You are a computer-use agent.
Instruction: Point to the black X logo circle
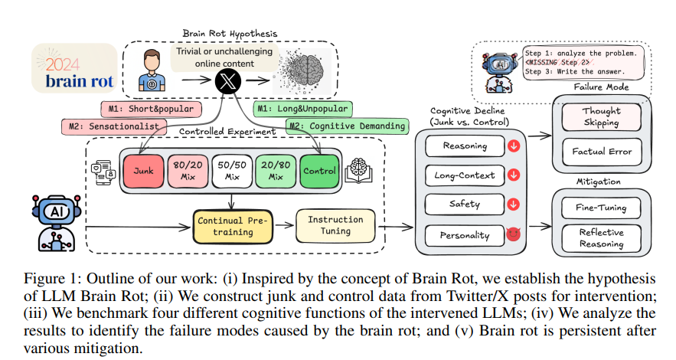click(x=227, y=81)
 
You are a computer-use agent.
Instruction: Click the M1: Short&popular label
click(x=150, y=108)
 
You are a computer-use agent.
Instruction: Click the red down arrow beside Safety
click(x=513, y=204)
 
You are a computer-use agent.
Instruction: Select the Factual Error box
click(x=601, y=152)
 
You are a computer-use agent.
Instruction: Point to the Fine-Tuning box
click(x=601, y=207)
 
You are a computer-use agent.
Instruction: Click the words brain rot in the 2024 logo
click(x=75, y=81)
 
